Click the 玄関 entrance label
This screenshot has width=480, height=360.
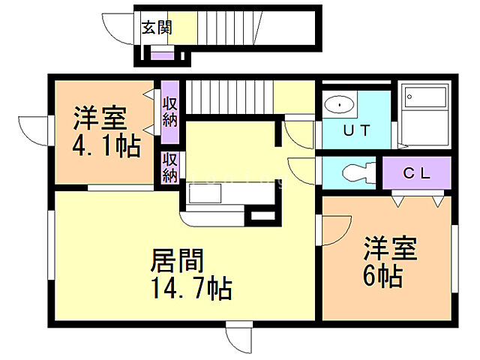157,28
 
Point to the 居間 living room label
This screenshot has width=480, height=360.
177,262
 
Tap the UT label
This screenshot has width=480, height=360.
356,130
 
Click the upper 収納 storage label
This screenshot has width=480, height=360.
169,111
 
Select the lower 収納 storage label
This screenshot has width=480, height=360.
169,167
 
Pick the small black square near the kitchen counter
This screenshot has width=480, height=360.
259,215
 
